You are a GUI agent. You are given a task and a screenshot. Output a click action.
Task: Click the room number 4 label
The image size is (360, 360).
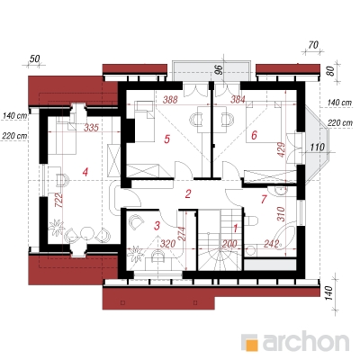(85, 172)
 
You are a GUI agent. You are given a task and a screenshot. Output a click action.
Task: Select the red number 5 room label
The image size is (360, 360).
(167, 139)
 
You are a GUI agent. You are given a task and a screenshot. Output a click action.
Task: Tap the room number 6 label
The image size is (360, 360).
(254, 135)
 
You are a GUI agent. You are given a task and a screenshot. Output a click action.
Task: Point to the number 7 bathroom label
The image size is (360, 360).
(264, 199)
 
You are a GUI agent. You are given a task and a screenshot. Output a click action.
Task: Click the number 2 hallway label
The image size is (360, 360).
(188, 194)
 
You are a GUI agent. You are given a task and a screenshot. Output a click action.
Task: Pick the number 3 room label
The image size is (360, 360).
(157, 226)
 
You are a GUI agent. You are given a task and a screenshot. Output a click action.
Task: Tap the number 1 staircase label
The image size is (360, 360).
(236, 229)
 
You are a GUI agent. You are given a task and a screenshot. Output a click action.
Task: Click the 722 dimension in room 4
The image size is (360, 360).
(58, 200)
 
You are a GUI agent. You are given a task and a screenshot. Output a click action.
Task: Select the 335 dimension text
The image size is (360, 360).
(91, 128)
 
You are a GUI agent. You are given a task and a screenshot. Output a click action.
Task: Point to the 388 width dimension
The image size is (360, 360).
(170, 100)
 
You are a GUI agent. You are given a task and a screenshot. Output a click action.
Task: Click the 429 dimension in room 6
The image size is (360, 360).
(281, 149)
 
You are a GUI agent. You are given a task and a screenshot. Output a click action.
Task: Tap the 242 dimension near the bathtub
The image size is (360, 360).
(272, 244)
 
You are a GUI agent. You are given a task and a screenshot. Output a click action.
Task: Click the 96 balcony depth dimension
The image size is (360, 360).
(220, 69)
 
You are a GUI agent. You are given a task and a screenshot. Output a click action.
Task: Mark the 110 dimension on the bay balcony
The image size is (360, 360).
(318, 147)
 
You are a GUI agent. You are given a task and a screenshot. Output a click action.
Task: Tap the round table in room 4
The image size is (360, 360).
(88, 232)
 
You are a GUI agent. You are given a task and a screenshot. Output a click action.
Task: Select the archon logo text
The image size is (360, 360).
(306, 341)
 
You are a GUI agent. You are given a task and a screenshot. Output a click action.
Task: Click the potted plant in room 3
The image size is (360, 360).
(136, 254)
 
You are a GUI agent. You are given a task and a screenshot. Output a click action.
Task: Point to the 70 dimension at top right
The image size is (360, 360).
(313, 46)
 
